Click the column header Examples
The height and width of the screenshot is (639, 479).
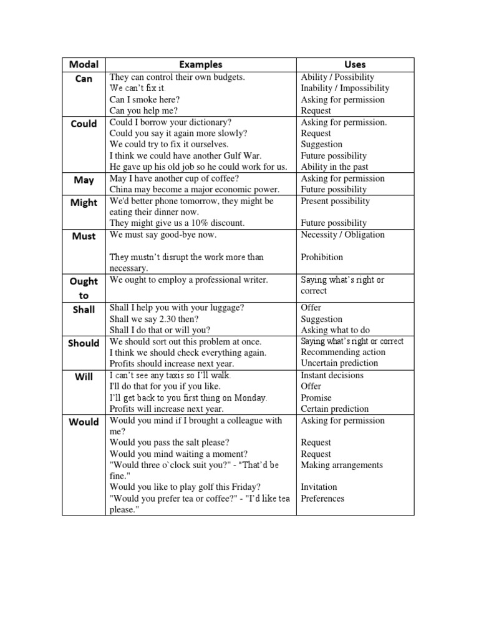coord(201,64)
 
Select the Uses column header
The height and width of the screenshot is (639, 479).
coord(355,64)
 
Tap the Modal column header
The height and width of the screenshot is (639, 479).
coord(84,64)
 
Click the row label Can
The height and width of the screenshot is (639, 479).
coord(84,79)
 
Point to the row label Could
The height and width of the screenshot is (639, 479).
coord(84,124)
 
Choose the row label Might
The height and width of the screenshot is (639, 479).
coord(84,202)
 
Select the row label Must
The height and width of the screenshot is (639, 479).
coord(84,236)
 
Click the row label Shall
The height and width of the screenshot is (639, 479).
coord(84,309)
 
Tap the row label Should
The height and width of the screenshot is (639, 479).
coord(84,343)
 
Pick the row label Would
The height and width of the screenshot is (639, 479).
coord(84,421)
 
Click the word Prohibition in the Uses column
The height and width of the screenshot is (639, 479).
coord(322,257)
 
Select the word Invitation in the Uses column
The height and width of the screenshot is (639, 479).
coord(319,487)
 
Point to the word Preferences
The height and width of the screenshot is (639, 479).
coord(322,498)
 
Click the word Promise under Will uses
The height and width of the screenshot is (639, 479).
coord(316,398)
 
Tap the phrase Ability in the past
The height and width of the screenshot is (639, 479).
coord(334,167)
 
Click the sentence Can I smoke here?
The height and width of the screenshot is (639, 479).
coord(145,100)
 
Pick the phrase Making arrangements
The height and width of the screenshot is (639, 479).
coord(341,465)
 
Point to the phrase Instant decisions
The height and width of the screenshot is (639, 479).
coord(332,375)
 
